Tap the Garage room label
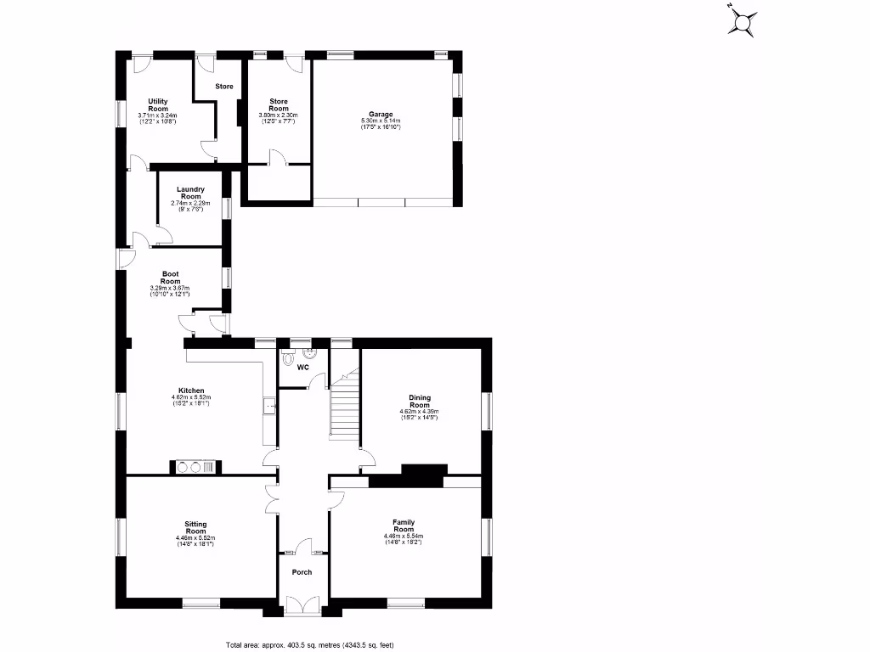point(380,115)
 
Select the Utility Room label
point(157,105)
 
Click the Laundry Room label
point(189,193)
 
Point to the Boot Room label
point(171,278)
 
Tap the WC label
point(302,368)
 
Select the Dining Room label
point(419,401)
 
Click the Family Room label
point(403,526)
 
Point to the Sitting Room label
point(195,528)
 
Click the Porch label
point(302,572)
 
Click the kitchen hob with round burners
point(195,466)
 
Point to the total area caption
point(309,645)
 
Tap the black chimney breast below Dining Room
point(423,475)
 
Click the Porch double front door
point(302,604)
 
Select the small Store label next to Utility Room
point(223,87)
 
